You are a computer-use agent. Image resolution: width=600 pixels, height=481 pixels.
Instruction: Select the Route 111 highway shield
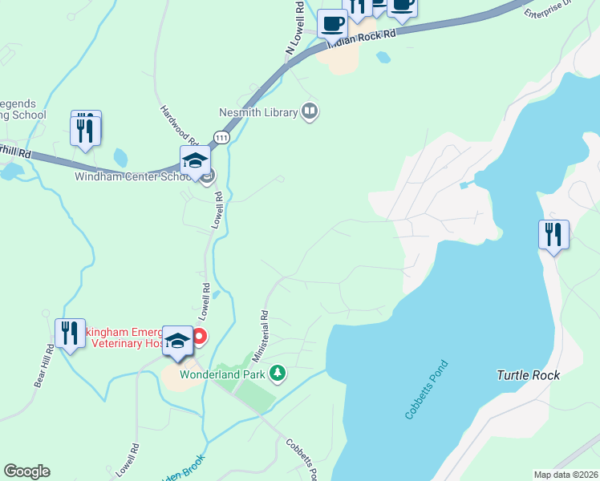[x=223, y=138]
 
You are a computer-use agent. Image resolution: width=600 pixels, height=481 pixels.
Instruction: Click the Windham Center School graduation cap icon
[x=195, y=161]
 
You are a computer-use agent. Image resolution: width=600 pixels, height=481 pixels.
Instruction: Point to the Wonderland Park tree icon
[x=278, y=373]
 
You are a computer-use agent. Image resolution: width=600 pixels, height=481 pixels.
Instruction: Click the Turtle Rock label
[x=528, y=374]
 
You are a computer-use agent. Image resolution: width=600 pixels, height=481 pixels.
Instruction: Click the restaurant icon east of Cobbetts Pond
[x=553, y=235]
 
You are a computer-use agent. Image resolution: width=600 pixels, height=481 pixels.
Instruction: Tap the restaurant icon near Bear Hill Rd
[x=70, y=333]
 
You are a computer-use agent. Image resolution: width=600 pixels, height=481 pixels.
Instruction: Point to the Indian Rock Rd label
[x=363, y=38]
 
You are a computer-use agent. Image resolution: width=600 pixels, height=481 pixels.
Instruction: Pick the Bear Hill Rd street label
[x=44, y=366]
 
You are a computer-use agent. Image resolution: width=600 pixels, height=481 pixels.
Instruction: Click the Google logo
[x=26, y=471]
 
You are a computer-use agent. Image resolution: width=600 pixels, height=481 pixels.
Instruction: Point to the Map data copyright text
[x=566, y=475]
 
